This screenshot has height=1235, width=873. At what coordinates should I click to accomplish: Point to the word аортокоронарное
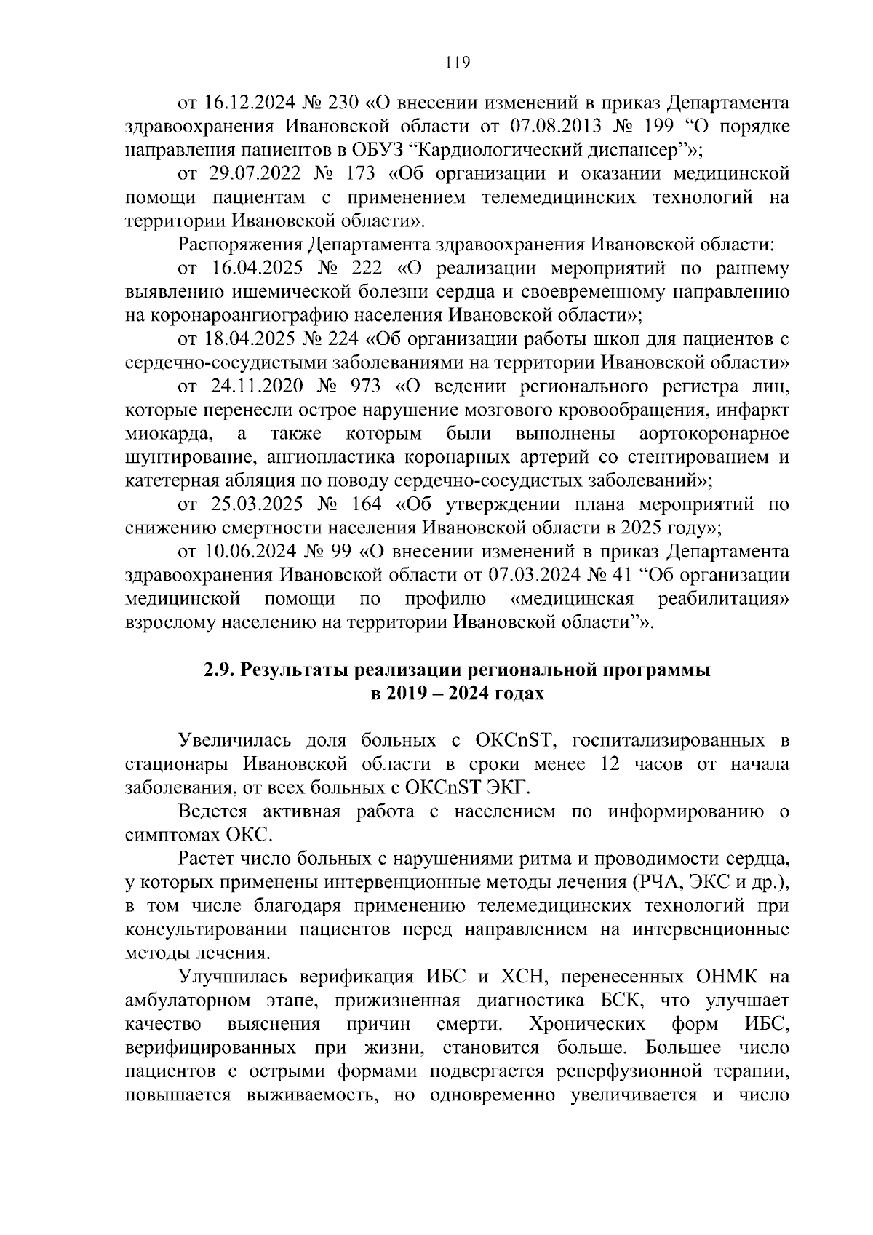(x=714, y=434)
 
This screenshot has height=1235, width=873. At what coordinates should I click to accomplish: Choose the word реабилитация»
(x=723, y=599)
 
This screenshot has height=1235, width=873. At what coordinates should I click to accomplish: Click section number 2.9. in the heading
(x=219, y=670)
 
